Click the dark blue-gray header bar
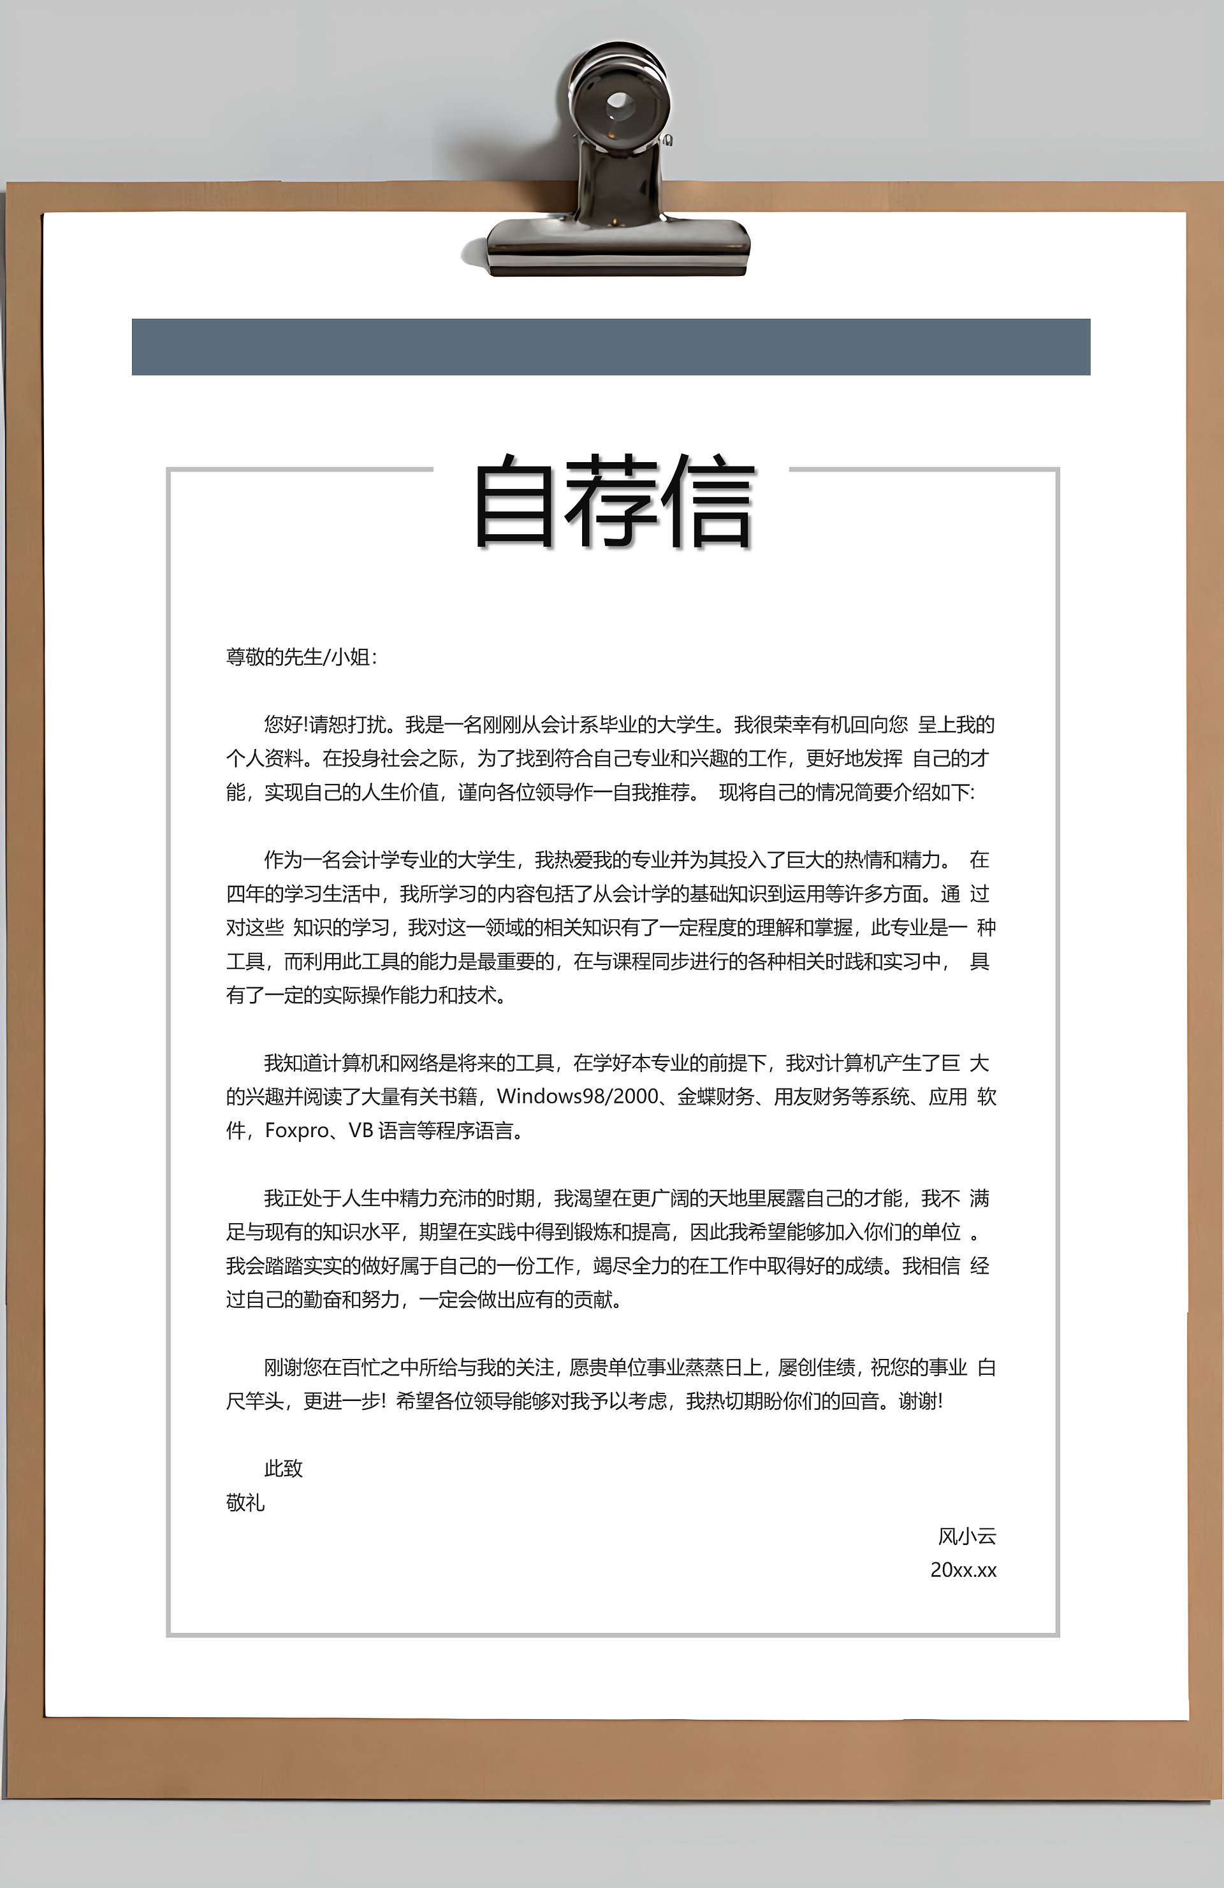pyautogui.click(x=611, y=347)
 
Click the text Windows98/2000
pyautogui.click(x=578, y=1096)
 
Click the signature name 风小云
pyautogui.click(x=966, y=1537)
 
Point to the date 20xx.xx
pyautogui.click(x=963, y=1571)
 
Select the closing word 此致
pyautogui.click(x=283, y=1469)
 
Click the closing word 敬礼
pyautogui.click(x=245, y=1503)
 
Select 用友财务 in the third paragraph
pyautogui.click(x=812, y=1096)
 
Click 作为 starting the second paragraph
pyautogui.click(x=283, y=860)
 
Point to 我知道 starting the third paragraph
pyautogui.click(x=293, y=1063)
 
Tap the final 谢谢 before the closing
pyautogui.click(x=918, y=1402)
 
